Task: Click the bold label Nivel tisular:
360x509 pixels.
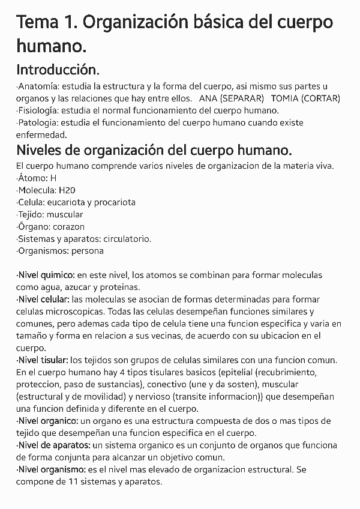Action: pos(43,360)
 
